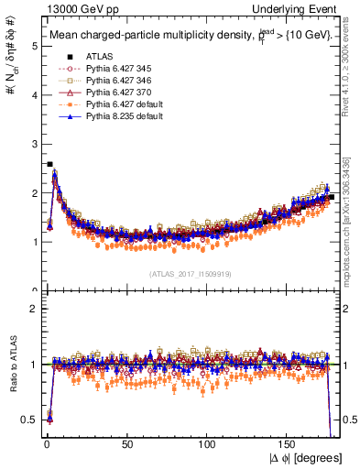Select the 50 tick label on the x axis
pos(127,445)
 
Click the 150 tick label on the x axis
pos(289,445)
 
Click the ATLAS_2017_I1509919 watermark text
pos(191,273)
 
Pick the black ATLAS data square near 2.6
pos(49,164)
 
